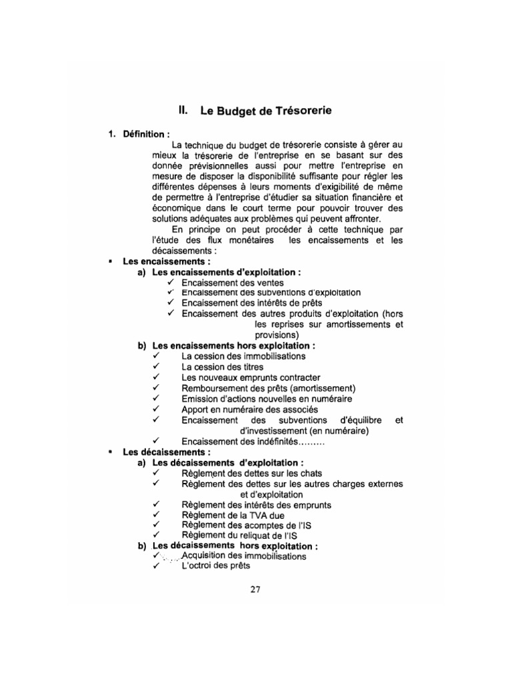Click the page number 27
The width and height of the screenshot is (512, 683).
pos(255,589)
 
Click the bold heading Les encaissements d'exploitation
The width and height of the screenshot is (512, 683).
pos(225,272)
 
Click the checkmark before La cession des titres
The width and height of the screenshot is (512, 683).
pos(156,366)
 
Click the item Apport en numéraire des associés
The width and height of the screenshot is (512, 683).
pos(249,409)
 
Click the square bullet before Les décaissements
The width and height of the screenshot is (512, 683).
pos(109,452)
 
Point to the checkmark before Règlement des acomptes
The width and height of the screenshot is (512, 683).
pos(156,525)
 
